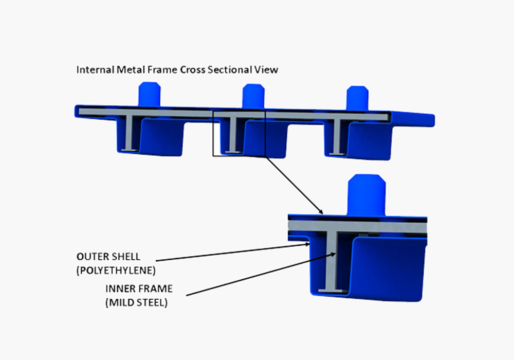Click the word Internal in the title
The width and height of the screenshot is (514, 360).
click(96, 69)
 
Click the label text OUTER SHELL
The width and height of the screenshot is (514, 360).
click(108, 257)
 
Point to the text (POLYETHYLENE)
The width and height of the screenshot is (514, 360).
click(116, 271)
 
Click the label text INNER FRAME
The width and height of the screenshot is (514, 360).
click(139, 289)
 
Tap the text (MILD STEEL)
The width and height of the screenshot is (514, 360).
click(136, 302)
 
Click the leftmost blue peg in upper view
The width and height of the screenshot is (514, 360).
click(150, 94)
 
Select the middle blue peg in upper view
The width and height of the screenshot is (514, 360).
click(253, 96)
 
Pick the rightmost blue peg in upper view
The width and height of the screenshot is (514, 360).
click(357, 98)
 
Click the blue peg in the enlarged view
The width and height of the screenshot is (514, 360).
click(366, 195)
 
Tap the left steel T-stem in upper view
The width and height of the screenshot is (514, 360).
click(130, 133)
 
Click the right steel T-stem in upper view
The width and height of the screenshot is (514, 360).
click(337, 136)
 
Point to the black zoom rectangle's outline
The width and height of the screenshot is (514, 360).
click(213, 134)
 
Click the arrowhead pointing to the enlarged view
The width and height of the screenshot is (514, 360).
click(321, 212)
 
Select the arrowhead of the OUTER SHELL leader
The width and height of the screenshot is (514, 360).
click(307, 244)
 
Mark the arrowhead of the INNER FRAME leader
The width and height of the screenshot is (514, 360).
click(333, 254)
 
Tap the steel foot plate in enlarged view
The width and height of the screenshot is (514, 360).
click(331, 291)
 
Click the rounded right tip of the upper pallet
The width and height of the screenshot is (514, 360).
click(432, 120)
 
